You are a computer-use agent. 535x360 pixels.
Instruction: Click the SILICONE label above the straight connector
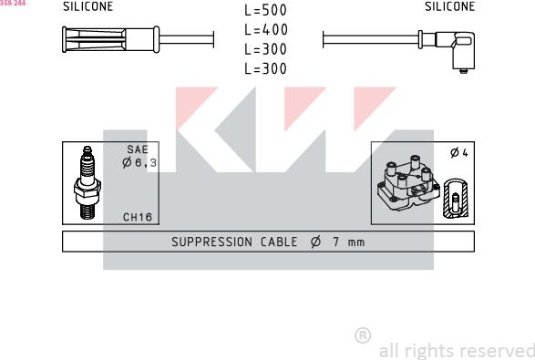tap(88, 6)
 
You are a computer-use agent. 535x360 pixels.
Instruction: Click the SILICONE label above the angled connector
tap(449, 6)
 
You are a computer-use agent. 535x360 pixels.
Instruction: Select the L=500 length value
tap(266, 10)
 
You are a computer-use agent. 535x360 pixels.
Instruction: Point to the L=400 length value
tap(266, 30)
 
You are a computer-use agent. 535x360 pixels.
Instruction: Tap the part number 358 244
tap(13, 3)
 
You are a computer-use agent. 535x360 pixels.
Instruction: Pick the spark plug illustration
tap(87, 183)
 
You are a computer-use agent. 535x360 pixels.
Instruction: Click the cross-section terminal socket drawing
tap(456, 198)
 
